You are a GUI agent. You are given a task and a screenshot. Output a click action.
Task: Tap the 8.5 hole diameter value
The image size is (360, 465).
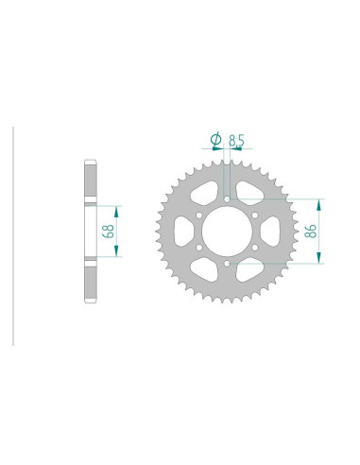(x=237, y=140)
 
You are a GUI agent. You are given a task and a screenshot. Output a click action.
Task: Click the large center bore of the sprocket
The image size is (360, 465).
(x=227, y=232)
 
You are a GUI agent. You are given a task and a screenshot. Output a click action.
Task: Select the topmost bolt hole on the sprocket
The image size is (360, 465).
(x=227, y=198)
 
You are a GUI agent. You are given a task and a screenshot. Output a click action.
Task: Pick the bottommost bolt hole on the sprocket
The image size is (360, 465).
(x=227, y=265)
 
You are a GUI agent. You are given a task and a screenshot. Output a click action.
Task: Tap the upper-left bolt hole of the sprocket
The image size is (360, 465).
(x=198, y=215)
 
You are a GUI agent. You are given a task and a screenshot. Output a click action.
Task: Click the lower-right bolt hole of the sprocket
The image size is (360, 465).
(x=255, y=249)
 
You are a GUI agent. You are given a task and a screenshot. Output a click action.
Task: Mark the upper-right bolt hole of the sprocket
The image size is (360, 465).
(x=255, y=215)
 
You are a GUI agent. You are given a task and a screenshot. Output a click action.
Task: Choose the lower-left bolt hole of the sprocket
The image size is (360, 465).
(x=198, y=249)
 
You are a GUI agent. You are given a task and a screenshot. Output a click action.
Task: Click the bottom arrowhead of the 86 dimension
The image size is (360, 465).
(x=322, y=260)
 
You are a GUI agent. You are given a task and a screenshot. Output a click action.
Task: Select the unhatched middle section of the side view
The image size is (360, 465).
(x=91, y=231)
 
